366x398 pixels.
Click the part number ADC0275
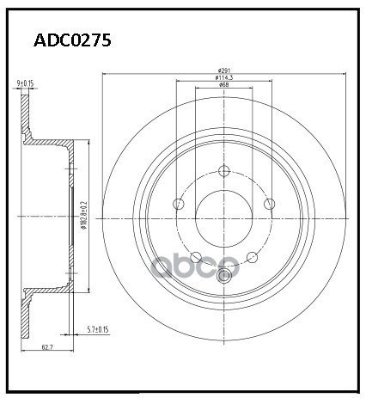[71, 40]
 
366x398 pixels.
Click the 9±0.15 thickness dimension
[24, 83]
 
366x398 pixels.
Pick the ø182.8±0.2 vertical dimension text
[82, 214]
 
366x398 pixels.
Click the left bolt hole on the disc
[179, 205]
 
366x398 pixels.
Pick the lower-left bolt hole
[196, 257]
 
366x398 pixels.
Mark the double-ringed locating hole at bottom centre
[224, 275]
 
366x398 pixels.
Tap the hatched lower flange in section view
[27, 314]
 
